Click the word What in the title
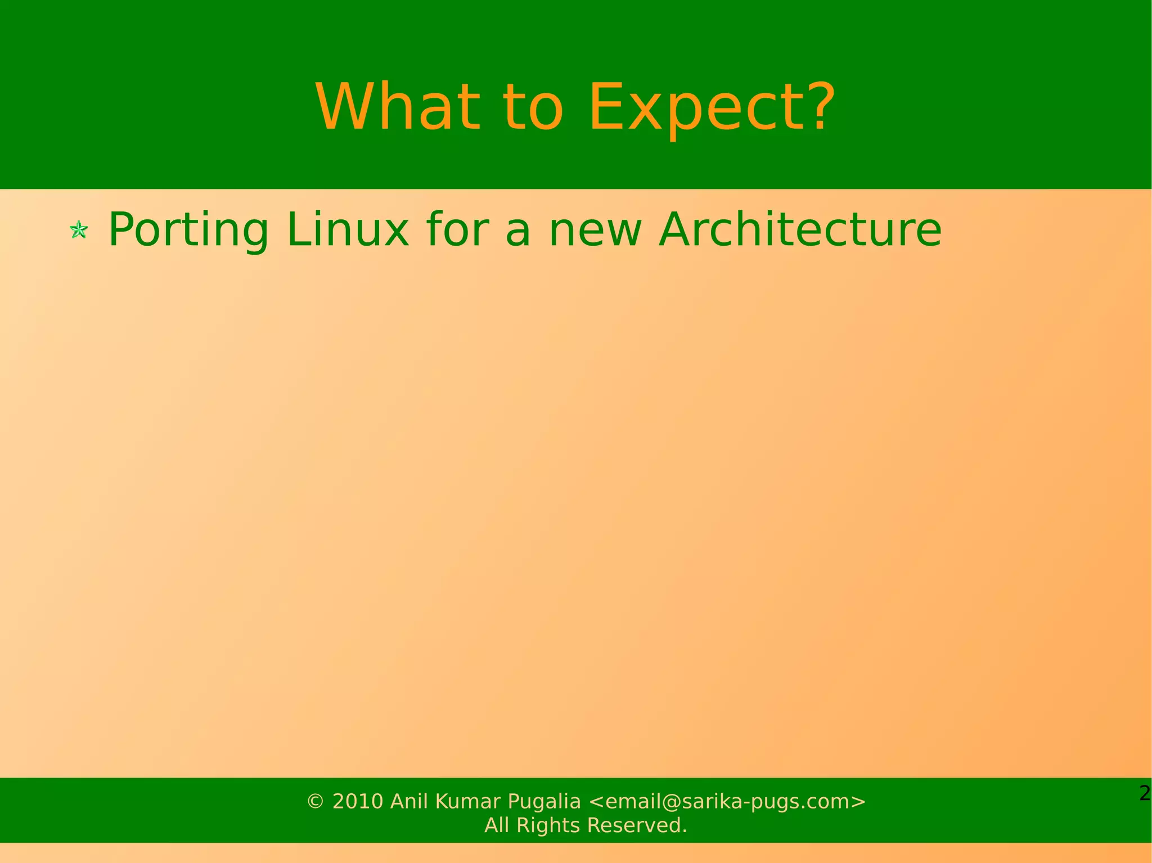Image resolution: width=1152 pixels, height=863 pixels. (397, 107)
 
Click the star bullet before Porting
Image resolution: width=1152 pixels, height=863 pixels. (79, 230)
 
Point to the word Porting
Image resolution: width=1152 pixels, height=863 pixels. (188, 230)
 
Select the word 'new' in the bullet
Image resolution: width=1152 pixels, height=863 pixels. (595, 230)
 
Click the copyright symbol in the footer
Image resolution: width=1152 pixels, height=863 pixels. (315, 801)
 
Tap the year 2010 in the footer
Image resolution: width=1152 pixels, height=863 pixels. (358, 801)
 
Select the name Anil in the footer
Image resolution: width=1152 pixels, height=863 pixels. (409, 801)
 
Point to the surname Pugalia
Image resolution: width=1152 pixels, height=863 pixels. (544, 802)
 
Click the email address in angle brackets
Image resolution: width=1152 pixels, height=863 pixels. (727, 801)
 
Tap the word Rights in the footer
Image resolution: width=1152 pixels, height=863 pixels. (548, 825)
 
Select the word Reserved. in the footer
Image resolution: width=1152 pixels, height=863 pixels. (637, 825)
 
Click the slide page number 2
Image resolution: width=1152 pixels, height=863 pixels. (1144, 793)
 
